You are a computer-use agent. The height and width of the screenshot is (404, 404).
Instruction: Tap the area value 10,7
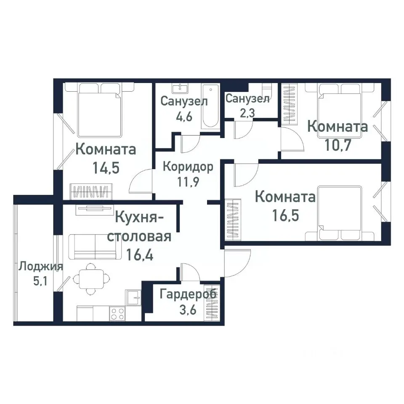tap(338, 145)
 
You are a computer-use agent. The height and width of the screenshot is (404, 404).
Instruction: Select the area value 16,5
tap(285, 216)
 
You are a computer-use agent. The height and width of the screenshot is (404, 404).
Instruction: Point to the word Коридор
tap(188, 166)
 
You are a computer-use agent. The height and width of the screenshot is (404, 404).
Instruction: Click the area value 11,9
tap(188, 183)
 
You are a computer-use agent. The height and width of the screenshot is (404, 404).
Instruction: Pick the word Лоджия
tap(41, 266)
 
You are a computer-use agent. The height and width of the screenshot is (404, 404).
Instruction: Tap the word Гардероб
tap(188, 294)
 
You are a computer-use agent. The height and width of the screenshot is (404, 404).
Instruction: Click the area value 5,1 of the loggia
tap(40, 281)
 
